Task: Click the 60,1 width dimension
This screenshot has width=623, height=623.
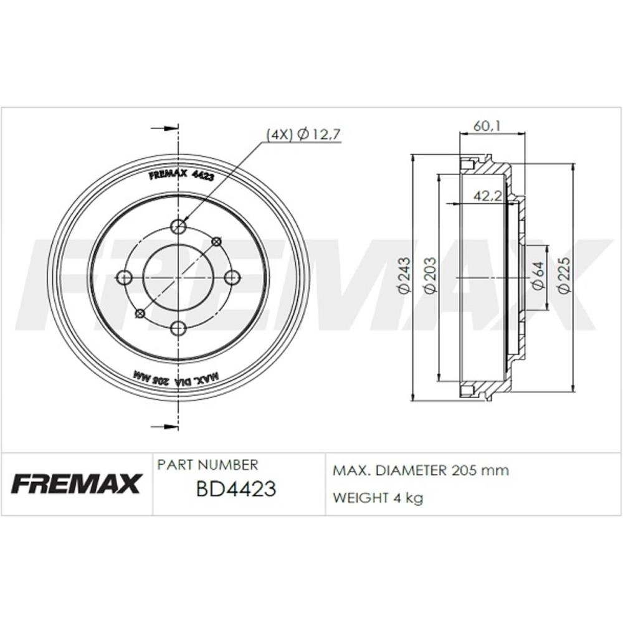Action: coord(487,126)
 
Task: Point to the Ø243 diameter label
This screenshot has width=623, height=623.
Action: coord(404,276)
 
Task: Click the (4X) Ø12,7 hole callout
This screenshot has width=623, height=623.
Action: coord(303,135)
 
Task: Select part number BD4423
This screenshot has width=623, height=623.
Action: coord(236,488)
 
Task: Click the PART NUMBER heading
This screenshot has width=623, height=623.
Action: coord(207,465)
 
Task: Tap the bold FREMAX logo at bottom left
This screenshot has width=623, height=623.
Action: coord(77,483)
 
